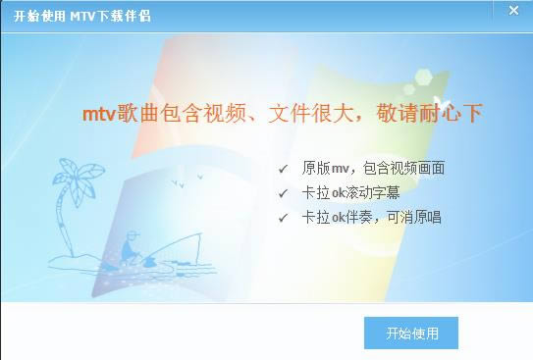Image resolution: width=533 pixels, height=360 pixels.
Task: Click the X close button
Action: pyautogui.click(x=513, y=12)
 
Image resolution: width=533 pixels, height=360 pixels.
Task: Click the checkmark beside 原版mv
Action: pyautogui.click(x=284, y=169)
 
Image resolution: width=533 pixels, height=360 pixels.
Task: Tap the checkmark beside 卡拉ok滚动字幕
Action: pyautogui.click(x=284, y=193)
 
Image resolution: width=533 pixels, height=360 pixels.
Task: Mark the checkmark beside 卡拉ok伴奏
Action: pyautogui.click(x=284, y=218)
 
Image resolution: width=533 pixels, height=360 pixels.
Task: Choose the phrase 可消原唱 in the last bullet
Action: pyautogui.click(x=414, y=218)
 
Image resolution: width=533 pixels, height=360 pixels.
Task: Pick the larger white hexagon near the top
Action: pyautogui.click(x=430, y=76)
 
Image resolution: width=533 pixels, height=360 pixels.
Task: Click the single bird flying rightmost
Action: pyautogui.click(x=200, y=178)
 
